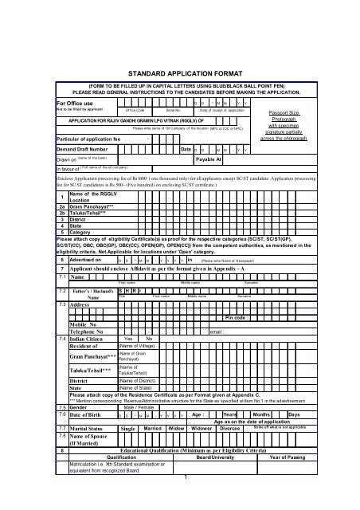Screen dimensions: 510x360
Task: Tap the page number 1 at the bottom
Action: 185,499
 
